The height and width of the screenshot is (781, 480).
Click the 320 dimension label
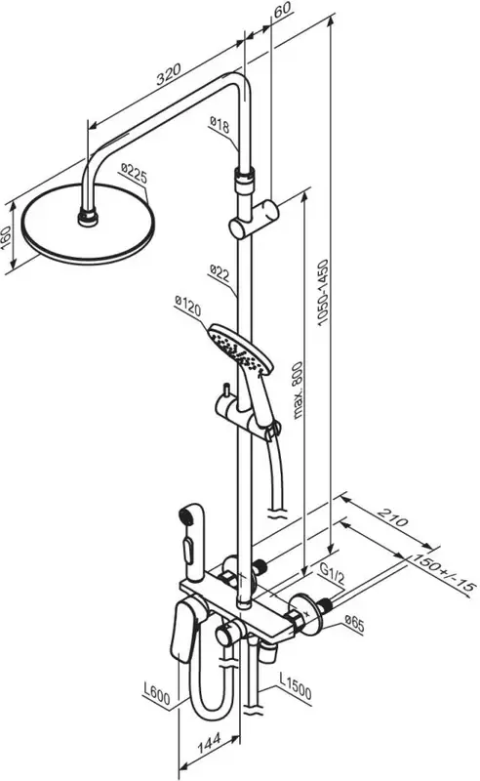click(169, 74)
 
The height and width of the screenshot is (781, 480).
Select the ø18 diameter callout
click(220, 125)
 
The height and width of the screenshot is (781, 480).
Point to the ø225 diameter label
click(134, 176)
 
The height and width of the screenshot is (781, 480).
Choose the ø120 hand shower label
click(187, 306)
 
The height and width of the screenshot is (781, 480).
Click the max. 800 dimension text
click(298, 390)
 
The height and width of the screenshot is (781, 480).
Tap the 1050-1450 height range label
click(324, 292)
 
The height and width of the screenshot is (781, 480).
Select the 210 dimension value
click(393, 518)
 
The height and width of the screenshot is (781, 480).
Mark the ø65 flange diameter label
click(353, 623)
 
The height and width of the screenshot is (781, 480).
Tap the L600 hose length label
click(157, 693)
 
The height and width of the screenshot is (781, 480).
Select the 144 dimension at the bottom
click(210, 744)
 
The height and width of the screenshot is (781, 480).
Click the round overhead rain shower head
click(88, 225)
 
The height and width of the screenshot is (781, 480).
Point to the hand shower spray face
click(239, 349)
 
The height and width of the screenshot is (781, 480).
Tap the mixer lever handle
click(184, 631)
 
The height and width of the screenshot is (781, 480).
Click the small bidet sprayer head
click(191, 542)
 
